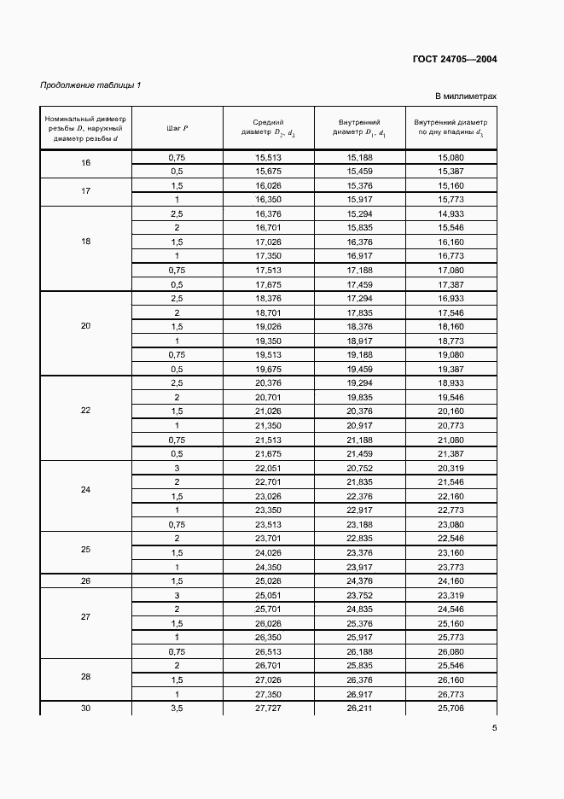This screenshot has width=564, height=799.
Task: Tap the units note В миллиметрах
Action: click(x=465, y=97)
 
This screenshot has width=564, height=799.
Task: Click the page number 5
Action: click(x=494, y=728)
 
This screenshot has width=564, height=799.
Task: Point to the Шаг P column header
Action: click(x=177, y=128)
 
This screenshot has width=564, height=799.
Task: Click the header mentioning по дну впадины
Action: click(x=450, y=128)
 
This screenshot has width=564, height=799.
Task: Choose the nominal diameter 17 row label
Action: click(x=85, y=192)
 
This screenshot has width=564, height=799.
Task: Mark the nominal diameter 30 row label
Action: click(x=85, y=709)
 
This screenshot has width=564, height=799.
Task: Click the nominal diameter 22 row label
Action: click(x=85, y=411)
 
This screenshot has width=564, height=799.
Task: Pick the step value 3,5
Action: click(x=177, y=709)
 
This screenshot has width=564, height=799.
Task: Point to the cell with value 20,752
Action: click(x=359, y=469)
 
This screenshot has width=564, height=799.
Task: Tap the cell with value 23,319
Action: click(x=450, y=596)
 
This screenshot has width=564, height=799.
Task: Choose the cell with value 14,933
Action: click(x=450, y=213)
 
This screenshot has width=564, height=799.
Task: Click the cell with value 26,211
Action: click(x=359, y=709)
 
